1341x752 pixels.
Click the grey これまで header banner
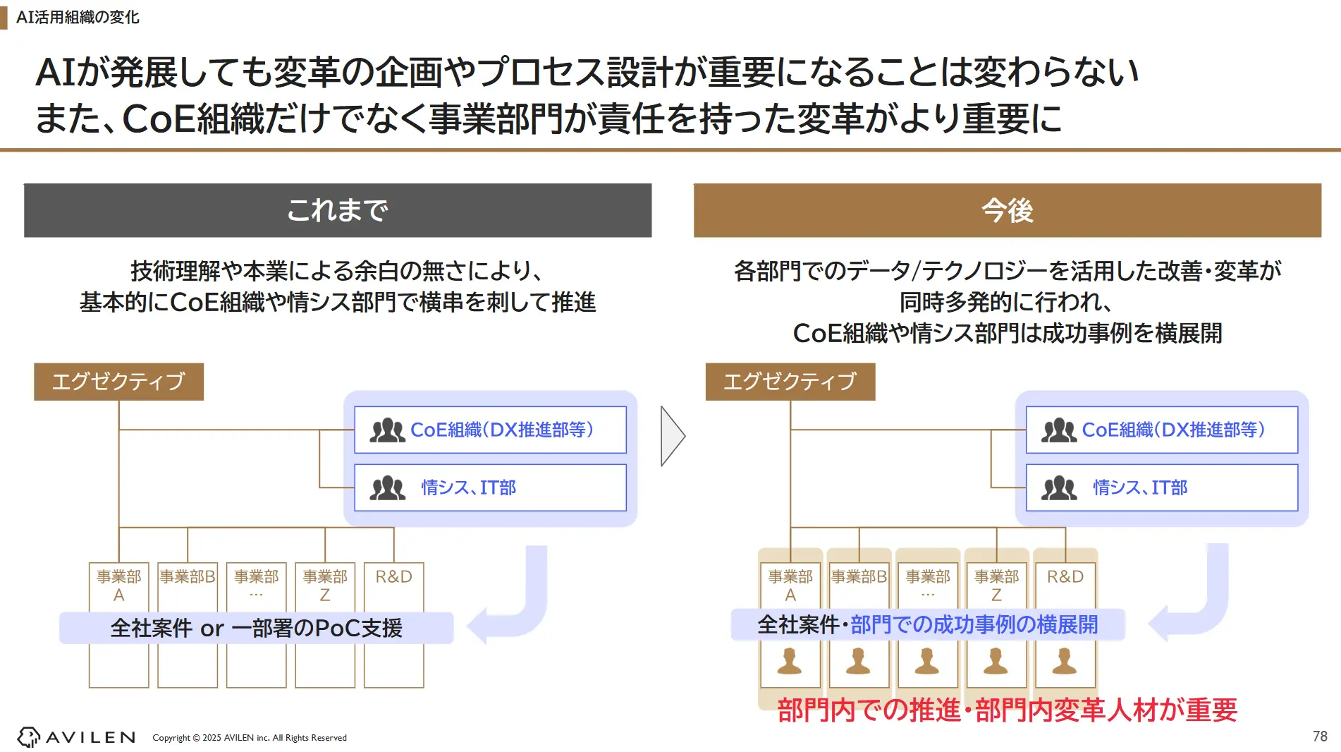(x=338, y=210)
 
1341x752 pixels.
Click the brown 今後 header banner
(x=1007, y=210)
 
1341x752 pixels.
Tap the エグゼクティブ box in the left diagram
(x=118, y=382)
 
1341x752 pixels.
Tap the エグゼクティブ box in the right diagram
(x=790, y=382)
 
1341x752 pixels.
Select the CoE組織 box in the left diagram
(x=490, y=430)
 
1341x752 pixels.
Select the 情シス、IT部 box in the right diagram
(x=1161, y=487)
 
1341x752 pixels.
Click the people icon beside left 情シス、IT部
(x=387, y=487)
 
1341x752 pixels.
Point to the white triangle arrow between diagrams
(x=671, y=436)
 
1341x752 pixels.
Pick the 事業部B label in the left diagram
(x=188, y=577)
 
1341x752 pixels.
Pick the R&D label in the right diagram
(x=1065, y=577)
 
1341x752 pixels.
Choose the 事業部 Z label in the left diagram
(x=325, y=585)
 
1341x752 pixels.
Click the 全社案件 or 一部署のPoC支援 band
(x=256, y=628)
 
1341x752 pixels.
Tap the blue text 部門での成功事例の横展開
(x=974, y=624)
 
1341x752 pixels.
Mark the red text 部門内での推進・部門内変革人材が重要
(x=1007, y=710)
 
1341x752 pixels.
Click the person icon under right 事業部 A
(x=790, y=661)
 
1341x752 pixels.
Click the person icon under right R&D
(x=1064, y=661)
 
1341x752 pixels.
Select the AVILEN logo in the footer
(x=76, y=737)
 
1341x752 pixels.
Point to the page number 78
(x=1320, y=736)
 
